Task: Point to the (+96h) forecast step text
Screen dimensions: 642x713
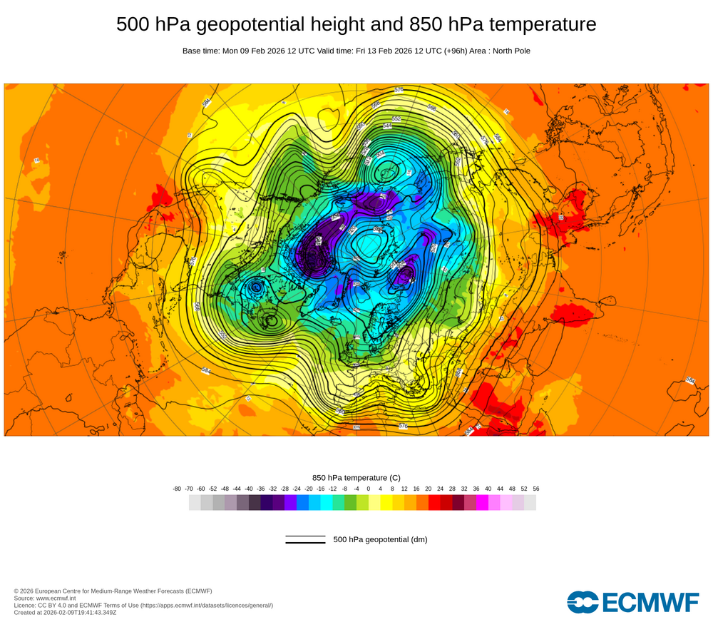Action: (x=453, y=51)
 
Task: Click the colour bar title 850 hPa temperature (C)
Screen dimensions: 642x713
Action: (x=356, y=478)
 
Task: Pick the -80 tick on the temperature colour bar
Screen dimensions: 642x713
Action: (x=177, y=489)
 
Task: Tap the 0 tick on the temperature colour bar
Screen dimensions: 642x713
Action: (x=369, y=489)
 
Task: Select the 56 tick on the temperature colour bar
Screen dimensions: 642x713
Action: (x=536, y=489)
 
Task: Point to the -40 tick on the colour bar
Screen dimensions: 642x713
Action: (x=249, y=489)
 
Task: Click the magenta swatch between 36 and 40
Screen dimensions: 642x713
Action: (x=482, y=503)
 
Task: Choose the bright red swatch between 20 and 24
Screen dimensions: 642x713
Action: (x=434, y=503)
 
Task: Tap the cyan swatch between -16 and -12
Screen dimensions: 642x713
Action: (x=327, y=503)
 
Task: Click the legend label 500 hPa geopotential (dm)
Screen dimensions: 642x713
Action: (x=380, y=539)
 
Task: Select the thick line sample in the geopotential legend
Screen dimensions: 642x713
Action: (x=305, y=543)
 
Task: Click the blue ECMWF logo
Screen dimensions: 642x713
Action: (x=633, y=602)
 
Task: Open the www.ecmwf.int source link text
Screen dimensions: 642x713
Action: (x=58, y=598)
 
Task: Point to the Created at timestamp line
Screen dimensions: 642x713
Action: (x=65, y=612)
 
